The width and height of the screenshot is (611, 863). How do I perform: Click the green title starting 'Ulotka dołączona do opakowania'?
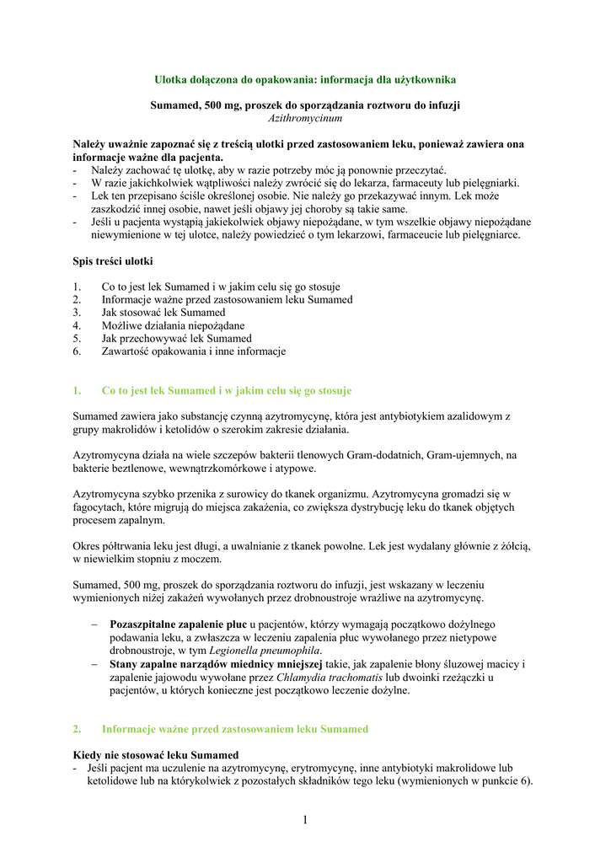[305, 79]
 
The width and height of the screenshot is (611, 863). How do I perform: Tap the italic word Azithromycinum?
[305, 119]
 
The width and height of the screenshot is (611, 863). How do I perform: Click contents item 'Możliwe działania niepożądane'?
[173, 325]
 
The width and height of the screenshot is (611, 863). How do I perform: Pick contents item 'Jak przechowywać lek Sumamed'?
[176, 339]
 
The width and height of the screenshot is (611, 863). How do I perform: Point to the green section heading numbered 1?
[226, 391]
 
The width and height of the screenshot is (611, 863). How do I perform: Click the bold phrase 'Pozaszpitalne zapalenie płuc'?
[178, 624]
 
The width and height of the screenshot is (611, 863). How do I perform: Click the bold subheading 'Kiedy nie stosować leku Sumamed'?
[156, 754]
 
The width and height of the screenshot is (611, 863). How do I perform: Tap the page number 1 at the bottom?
[305, 820]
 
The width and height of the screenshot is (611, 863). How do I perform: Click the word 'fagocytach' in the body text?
[99, 508]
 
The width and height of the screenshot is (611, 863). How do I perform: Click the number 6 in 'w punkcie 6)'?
[525, 780]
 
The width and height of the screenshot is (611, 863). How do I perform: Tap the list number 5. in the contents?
[78, 339]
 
